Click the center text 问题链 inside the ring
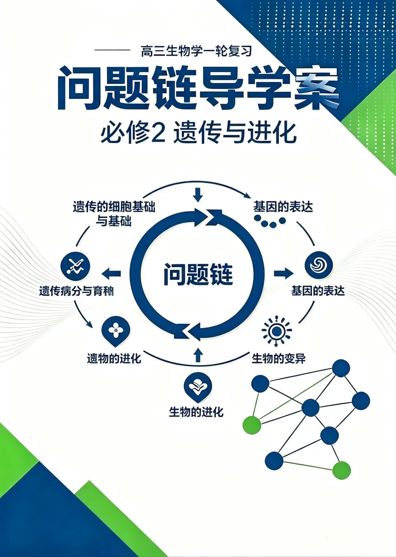(198, 274)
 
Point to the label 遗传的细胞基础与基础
(114, 214)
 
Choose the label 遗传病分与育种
(76, 291)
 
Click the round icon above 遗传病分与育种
(76, 266)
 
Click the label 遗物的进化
(114, 358)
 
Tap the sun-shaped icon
(276, 331)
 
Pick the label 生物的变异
(279, 358)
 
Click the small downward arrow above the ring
(198, 195)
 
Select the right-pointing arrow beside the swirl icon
(283, 273)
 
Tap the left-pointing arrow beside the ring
(111, 273)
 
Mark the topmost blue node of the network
(341, 368)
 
